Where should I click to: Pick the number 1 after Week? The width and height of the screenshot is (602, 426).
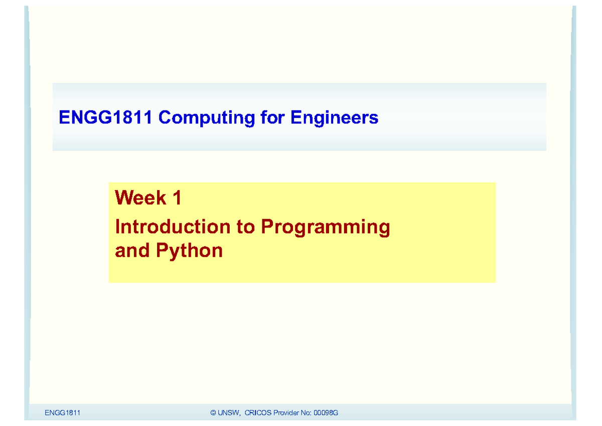coord(176,198)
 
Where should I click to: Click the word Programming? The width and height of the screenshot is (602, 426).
coord(325,228)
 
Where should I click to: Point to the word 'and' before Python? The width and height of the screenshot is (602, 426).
coord(132,250)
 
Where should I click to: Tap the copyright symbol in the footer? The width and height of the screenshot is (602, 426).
coord(214,413)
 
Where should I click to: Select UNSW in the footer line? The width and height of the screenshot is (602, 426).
coord(229,413)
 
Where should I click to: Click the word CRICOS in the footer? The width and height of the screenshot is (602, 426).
coord(258,413)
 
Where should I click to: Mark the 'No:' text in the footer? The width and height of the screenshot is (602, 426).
coord(307,413)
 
